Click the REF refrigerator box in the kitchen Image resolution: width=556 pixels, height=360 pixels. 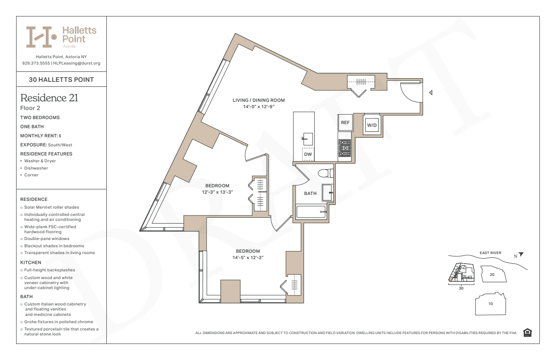point(345,122)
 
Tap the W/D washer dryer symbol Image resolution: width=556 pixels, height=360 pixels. point(372,125)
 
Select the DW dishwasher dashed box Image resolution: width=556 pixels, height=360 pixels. point(308,154)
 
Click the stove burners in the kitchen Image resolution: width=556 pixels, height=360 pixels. point(344,148)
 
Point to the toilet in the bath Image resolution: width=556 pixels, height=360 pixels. point(325,173)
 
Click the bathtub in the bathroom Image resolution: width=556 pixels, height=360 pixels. point(311,212)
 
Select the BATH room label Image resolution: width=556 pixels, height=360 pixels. point(310,193)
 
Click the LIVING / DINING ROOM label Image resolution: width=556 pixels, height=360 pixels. point(258,100)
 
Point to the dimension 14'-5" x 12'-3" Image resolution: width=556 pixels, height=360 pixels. point(248,258)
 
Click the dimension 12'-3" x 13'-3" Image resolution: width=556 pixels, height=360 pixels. point(218,192)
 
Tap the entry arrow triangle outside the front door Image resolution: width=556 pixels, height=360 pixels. point(431,93)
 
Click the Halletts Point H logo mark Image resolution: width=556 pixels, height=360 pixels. point(41,37)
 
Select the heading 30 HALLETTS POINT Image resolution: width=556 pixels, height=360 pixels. point(61,80)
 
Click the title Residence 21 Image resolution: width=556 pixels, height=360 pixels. point(49,98)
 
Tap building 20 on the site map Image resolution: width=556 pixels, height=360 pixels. point(493,274)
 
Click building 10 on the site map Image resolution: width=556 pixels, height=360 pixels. point(491,304)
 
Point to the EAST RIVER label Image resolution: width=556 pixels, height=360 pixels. point(491,253)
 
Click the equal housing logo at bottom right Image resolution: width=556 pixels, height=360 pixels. point(527,333)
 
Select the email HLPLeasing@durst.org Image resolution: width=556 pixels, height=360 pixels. point(77,63)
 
